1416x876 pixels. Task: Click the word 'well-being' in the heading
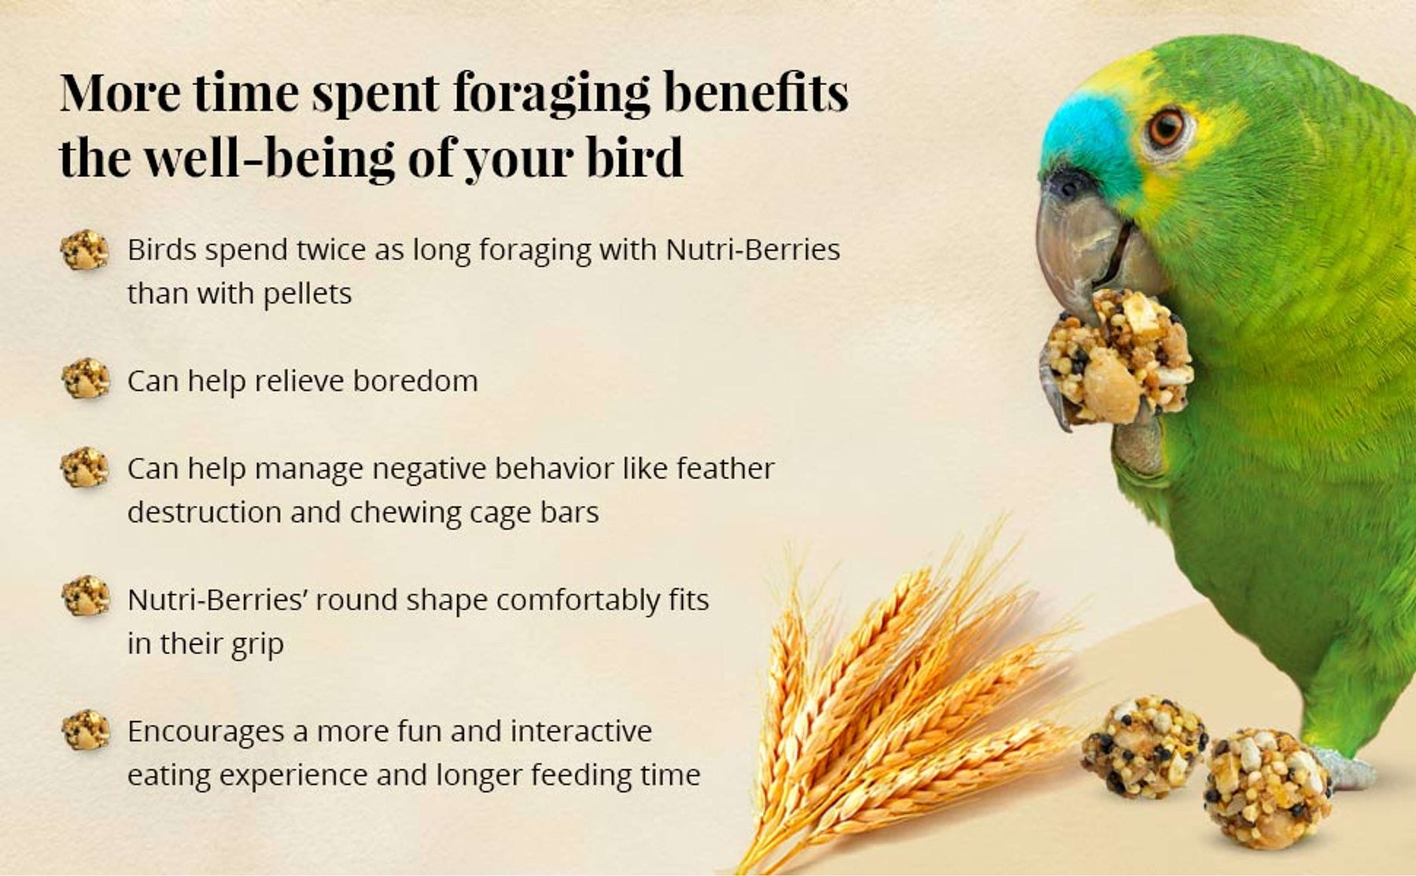(x=268, y=157)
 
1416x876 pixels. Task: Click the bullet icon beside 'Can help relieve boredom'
(x=86, y=379)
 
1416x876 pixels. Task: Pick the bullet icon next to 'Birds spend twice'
(x=85, y=250)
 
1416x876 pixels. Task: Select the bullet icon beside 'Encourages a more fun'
(x=86, y=730)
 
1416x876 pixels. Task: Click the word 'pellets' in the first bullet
(x=307, y=294)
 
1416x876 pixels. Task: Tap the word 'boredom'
(x=415, y=381)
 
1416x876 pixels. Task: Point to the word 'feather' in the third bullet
(x=725, y=468)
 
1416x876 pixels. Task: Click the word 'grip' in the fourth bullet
(x=257, y=645)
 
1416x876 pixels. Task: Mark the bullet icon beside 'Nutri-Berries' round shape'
(x=86, y=596)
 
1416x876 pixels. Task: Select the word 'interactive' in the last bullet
(x=581, y=731)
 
